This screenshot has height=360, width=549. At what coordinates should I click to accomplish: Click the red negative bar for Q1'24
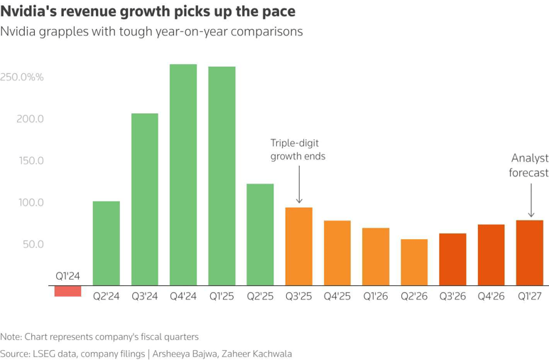pyautogui.click(x=68, y=291)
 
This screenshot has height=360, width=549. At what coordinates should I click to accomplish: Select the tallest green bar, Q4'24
pyautogui.click(x=183, y=175)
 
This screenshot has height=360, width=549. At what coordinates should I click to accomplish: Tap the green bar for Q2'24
pyautogui.click(x=106, y=243)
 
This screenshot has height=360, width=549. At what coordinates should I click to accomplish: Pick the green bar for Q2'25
pyautogui.click(x=260, y=234)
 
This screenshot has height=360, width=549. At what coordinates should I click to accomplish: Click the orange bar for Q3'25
pyautogui.click(x=299, y=246)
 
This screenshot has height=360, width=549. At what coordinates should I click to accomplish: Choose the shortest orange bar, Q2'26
pyautogui.click(x=414, y=262)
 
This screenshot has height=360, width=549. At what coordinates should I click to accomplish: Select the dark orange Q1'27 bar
pyautogui.click(x=530, y=253)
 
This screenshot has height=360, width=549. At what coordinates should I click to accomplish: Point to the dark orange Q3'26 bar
pyautogui.click(x=452, y=259)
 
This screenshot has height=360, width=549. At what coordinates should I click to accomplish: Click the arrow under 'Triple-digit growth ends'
pyautogui.click(x=299, y=184)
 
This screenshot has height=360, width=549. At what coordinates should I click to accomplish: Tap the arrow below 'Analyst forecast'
pyautogui.click(x=531, y=201)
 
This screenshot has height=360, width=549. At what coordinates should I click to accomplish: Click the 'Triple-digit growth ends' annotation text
pyautogui.click(x=298, y=149)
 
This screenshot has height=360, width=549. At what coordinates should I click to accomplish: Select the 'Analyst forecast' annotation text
pyautogui.click(x=528, y=165)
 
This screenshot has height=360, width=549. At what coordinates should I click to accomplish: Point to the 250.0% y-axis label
pyautogui.click(x=22, y=77)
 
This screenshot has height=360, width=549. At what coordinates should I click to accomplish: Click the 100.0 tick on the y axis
pyautogui.click(x=31, y=203)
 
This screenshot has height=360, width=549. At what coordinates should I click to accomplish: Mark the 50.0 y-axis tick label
pyautogui.click(x=33, y=244)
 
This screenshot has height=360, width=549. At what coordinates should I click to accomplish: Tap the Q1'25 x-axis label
pyautogui.click(x=222, y=296)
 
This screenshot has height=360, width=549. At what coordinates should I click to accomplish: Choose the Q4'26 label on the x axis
pyautogui.click(x=491, y=296)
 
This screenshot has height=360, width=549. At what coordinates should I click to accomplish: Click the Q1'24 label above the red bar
pyautogui.click(x=67, y=276)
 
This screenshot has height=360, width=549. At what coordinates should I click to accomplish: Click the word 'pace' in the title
pyautogui.click(x=278, y=11)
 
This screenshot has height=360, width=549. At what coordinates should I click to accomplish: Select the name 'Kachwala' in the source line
pyautogui.click(x=273, y=354)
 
